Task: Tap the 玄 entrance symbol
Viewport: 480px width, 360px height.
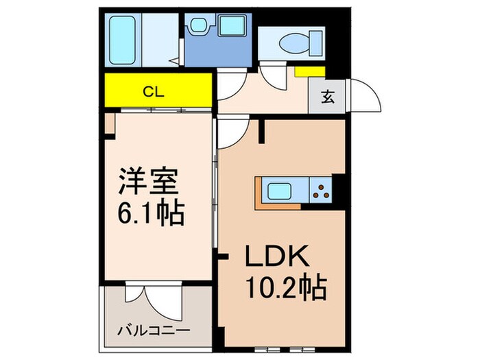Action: point(328,97)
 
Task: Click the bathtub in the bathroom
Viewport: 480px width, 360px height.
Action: point(126,38)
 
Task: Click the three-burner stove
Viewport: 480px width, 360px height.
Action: point(320,190)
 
